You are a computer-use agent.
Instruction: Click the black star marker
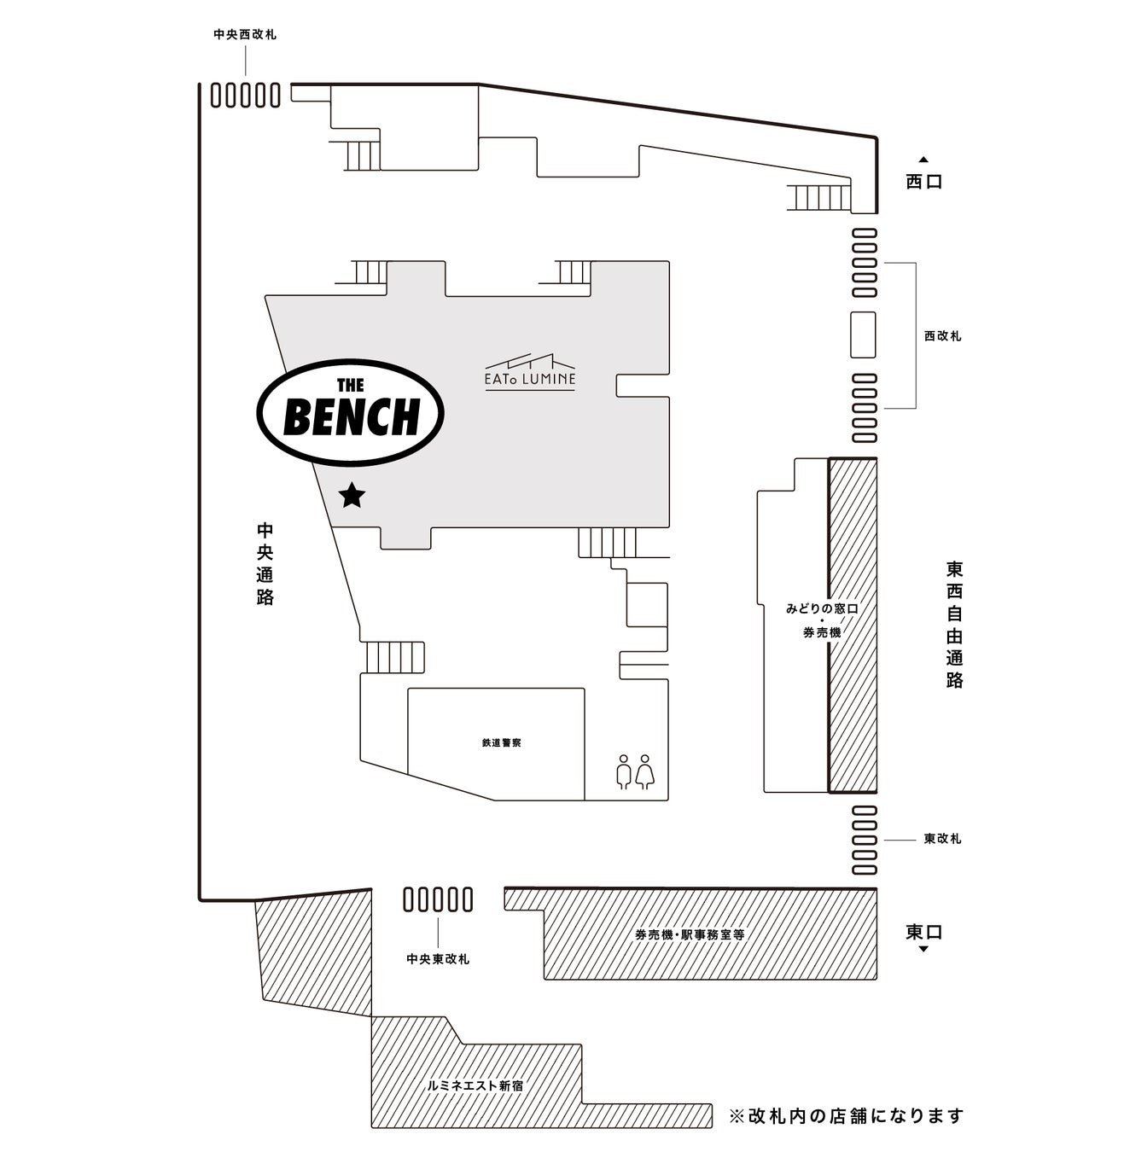[352, 495]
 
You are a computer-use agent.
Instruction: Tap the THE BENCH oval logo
[351, 413]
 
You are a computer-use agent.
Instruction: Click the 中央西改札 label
[245, 35]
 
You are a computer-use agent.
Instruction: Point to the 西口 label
[923, 182]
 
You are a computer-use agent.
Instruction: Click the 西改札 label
[942, 336]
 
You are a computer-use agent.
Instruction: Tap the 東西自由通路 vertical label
[954, 624]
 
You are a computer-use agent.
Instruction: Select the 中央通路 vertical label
[265, 563]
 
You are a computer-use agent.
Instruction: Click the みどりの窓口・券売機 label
[821, 620]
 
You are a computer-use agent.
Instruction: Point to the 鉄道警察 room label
[501, 743]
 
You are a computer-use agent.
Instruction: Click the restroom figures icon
[634, 771]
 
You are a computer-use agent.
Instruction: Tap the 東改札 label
[942, 839]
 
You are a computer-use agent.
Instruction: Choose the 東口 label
[923, 932]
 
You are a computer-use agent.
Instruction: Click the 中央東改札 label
[438, 959]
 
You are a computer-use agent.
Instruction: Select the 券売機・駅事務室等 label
[690, 934]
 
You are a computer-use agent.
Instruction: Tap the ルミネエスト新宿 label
[475, 1086]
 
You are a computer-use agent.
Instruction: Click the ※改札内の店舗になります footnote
[846, 1115]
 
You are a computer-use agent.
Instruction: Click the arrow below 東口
[923, 949]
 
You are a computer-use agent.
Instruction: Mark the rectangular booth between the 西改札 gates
[863, 335]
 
